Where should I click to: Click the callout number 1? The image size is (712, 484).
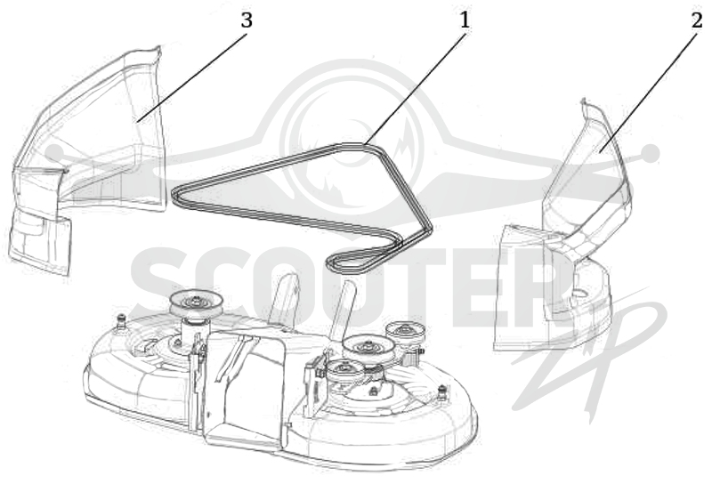464,20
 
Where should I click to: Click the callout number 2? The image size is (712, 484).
698,20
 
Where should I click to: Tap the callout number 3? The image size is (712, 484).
247,20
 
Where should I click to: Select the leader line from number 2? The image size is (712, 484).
648,92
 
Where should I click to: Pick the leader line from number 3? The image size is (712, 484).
192,77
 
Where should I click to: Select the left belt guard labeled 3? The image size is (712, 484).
86,159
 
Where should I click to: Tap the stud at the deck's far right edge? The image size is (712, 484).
441,391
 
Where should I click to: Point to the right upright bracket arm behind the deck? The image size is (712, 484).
344,309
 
